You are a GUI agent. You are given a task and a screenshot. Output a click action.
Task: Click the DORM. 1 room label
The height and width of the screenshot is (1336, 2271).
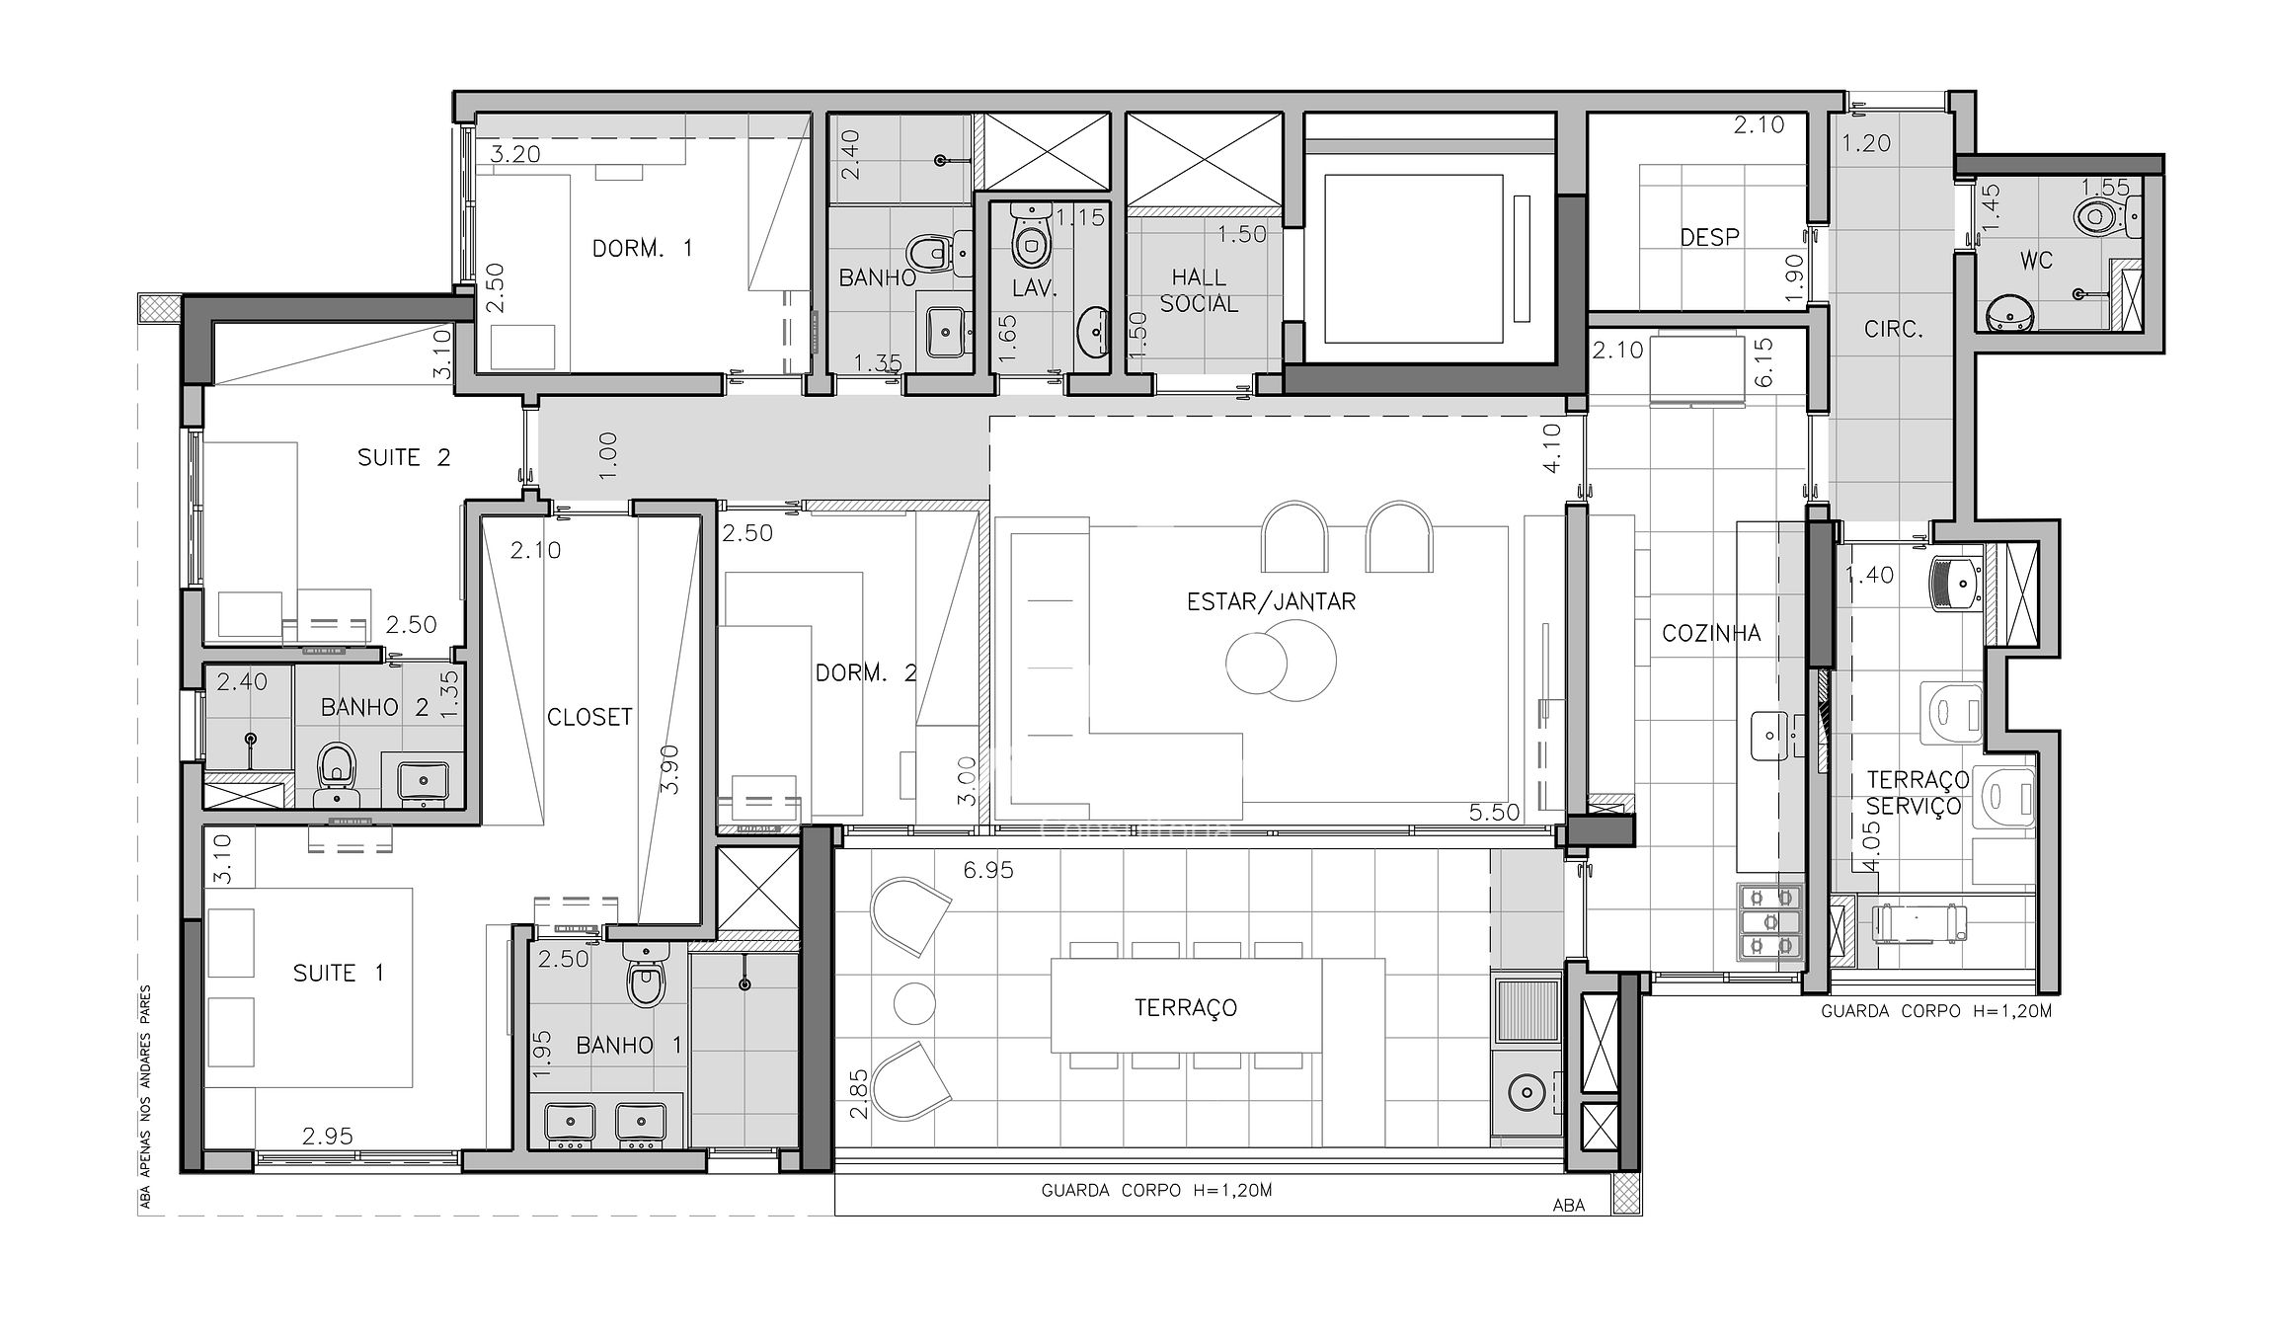click(x=643, y=248)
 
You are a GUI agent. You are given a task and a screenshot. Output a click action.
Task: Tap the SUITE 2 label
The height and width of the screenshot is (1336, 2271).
click(x=404, y=457)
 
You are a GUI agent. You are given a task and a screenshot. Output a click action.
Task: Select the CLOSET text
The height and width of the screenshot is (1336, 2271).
click(x=589, y=717)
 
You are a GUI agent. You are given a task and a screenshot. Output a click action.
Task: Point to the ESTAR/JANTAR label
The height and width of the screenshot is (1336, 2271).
click(x=1271, y=601)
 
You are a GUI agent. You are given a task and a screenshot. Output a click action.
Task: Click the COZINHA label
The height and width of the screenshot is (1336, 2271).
click(x=1711, y=633)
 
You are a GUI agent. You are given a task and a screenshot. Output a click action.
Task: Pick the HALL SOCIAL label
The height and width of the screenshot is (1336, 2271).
click(x=1199, y=290)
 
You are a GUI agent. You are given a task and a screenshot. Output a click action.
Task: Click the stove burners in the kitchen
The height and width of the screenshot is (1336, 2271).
click(x=1769, y=922)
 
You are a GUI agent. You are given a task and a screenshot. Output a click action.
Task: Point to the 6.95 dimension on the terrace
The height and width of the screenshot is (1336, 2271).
click(x=988, y=870)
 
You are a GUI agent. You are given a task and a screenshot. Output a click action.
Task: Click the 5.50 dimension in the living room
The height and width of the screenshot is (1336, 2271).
click(x=1494, y=813)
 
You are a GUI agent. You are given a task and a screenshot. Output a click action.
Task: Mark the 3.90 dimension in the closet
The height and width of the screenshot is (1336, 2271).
click(x=669, y=770)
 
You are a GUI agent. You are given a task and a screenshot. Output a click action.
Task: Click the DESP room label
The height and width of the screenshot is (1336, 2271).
click(x=1710, y=237)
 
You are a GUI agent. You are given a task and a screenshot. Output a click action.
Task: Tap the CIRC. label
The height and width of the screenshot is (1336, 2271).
click(x=1893, y=330)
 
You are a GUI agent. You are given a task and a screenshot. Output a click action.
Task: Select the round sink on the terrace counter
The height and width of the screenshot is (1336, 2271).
click(x=1527, y=1092)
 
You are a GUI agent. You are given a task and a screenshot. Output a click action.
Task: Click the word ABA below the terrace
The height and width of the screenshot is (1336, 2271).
click(x=1569, y=1205)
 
